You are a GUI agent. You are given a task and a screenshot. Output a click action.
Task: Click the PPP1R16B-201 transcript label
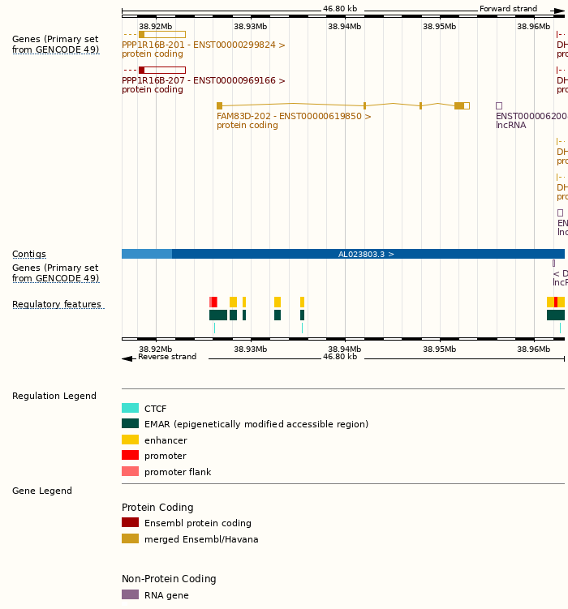(203, 45)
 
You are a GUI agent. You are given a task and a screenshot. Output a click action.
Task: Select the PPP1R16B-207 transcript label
(203, 81)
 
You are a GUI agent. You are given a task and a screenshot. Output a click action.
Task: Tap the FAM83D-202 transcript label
(293, 116)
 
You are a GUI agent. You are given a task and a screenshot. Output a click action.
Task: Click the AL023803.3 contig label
(366, 254)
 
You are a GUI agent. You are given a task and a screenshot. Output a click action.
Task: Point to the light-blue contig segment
(146, 254)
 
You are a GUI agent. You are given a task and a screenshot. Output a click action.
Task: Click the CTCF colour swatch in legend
(130, 409)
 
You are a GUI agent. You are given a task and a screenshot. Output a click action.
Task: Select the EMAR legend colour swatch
(130, 424)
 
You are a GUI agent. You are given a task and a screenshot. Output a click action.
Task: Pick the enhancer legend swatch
(130, 440)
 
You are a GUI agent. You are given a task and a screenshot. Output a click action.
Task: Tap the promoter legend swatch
(130, 456)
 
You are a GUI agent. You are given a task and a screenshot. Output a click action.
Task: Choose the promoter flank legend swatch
(130, 472)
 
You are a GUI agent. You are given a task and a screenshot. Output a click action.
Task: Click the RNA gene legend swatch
(130, 595)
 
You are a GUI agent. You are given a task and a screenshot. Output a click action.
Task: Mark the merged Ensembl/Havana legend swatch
(130, 539)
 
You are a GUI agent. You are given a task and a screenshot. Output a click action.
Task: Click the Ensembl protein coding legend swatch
(130, 523)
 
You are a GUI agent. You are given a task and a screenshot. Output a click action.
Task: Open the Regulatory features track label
(57, 305)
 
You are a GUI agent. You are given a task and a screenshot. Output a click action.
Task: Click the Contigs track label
(29, 255)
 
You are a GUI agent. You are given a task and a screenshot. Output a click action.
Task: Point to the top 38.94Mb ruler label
(345, 27)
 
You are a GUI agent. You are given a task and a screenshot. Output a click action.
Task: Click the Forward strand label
(508, 9)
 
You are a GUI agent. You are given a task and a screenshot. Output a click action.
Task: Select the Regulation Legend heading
(54, 397)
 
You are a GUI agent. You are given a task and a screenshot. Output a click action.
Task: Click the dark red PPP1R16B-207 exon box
(141, 71)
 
